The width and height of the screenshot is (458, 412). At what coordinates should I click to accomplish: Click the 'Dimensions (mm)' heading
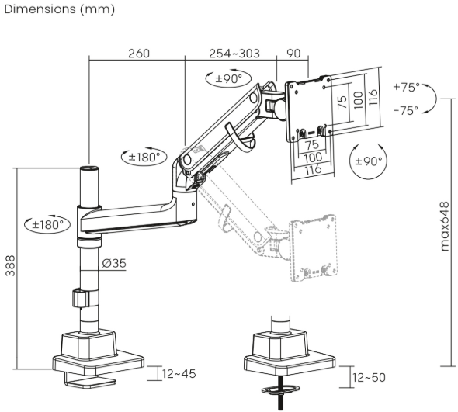coord(60,9)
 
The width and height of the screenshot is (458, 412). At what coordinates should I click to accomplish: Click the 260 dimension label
coord(139,54)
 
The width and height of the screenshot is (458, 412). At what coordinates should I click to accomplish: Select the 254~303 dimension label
coord(234,54)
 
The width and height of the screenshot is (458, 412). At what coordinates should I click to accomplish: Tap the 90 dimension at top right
coord(293,54)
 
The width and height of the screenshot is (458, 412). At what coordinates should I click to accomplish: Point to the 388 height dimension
coord(11,265)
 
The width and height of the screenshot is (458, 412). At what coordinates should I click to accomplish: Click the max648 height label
coord(444,227)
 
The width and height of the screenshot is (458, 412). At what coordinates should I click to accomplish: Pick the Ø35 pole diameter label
coord(114,263)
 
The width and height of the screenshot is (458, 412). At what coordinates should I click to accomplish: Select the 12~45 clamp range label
coord(179,374)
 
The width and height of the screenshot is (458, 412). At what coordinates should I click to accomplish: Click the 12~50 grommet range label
coord(369,378)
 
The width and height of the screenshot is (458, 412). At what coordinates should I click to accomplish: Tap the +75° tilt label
coord(406,87)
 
